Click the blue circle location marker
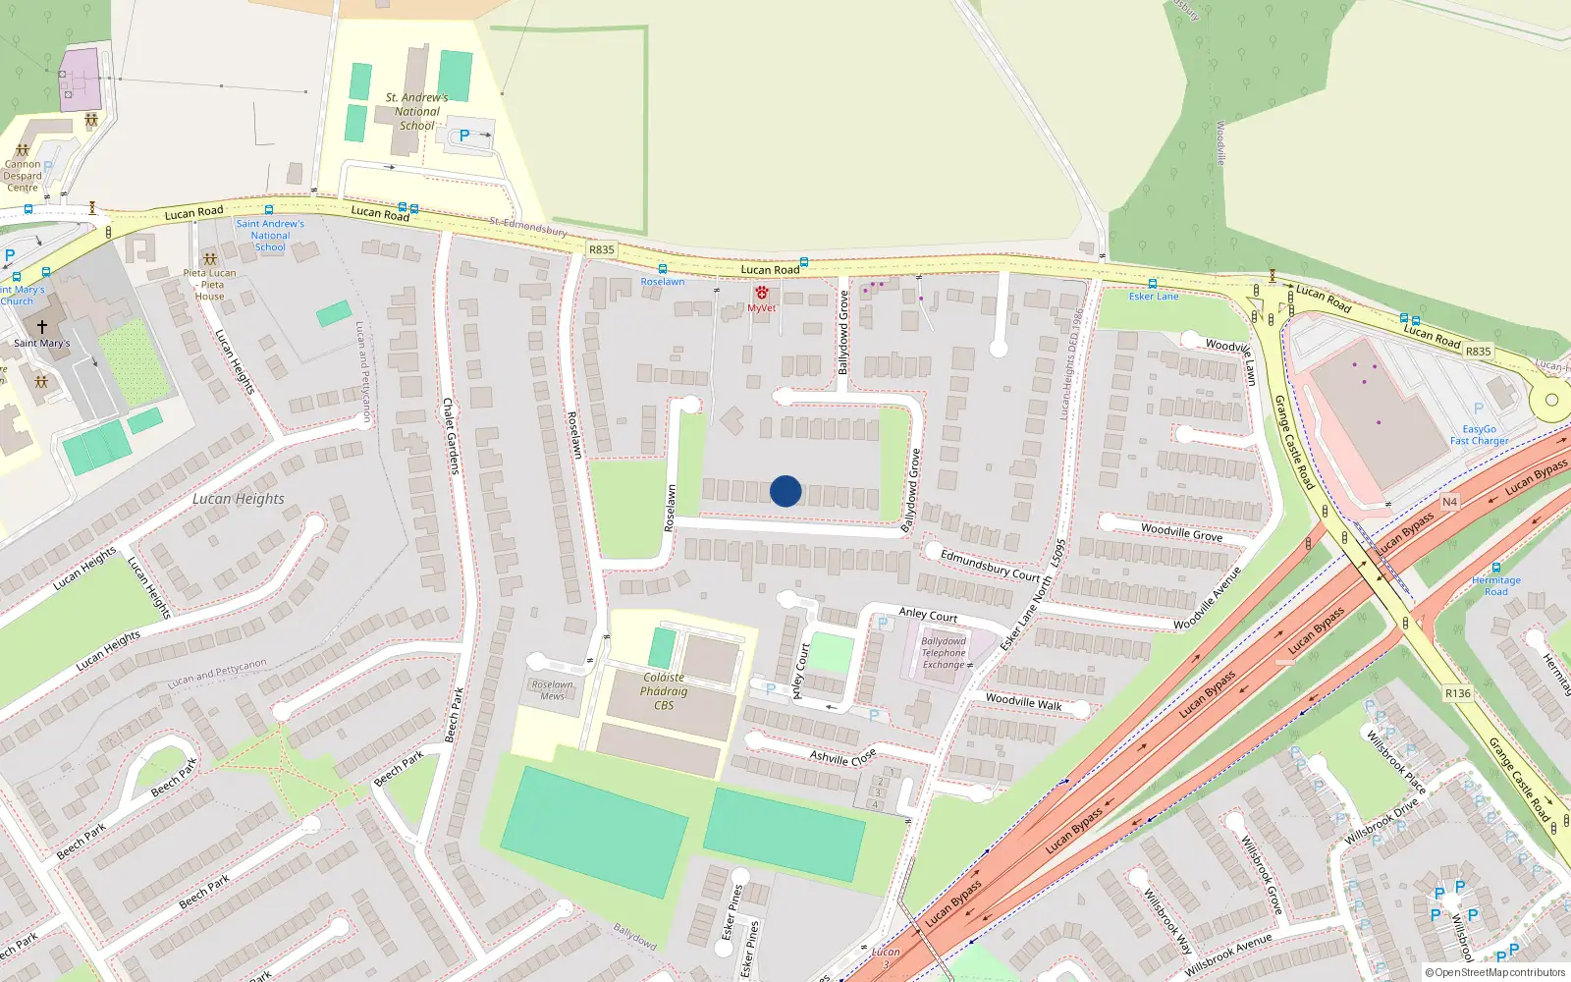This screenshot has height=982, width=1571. [785, 491]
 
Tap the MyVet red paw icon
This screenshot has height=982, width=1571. [761, 293]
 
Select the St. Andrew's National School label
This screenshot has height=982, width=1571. [417, 112]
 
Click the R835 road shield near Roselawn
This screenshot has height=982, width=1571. [602, 249]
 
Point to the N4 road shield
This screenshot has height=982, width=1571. [1449, 502]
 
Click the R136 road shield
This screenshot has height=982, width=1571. [1458, 693]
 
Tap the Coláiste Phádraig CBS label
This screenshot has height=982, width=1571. [664, 691]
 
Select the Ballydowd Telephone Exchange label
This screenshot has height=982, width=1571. [943, 653]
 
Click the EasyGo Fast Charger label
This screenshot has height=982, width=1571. [1479, 435]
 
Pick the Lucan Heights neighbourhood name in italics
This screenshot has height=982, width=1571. [239, 499]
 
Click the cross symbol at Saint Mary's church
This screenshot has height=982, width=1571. [41, 326]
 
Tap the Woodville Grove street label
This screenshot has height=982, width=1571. [1181, 531]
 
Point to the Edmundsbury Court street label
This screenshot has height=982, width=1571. [990, 565]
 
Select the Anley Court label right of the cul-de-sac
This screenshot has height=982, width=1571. [928, 615]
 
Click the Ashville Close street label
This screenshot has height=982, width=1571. [842, 756]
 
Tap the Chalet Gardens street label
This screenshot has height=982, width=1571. [450, 436]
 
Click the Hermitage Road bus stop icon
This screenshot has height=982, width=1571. [1495, 568]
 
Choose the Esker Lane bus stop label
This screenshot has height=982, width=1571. [1153, 296]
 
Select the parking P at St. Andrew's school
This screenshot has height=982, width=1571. [464, 136]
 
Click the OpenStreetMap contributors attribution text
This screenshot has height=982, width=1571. [1495, 973]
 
